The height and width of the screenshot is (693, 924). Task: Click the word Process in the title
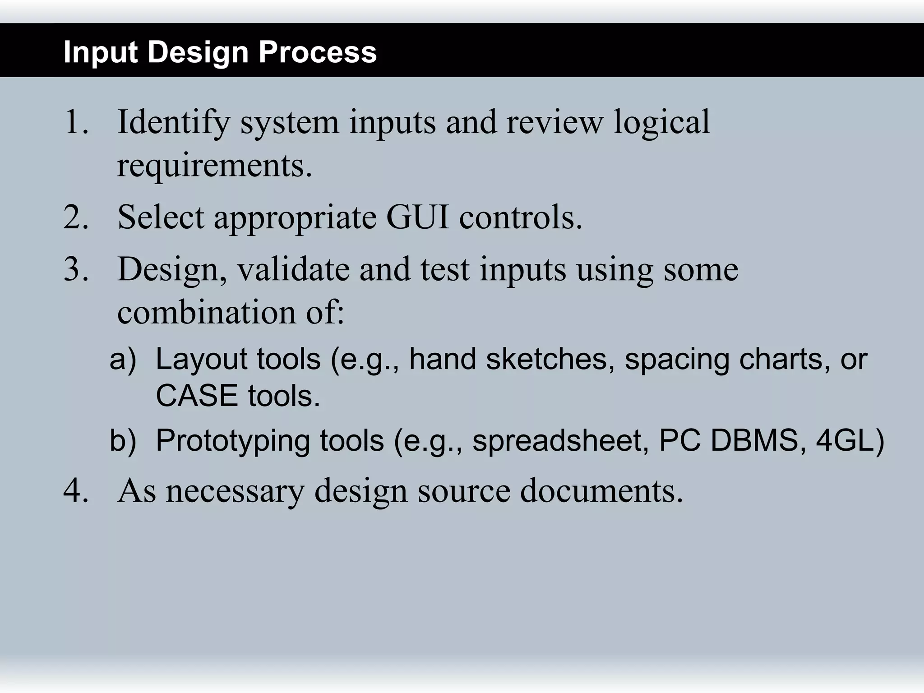pyautogui.click(x=317, y=52)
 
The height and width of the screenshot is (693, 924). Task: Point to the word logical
pyautogui.click(x=661, y=123)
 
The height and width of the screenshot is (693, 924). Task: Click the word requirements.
pyautogui.click(x=214, y=166)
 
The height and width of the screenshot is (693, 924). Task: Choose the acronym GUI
pyautogui.click(x=418, y=217)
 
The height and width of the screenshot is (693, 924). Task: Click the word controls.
pyautogui.click(x=521, y=217)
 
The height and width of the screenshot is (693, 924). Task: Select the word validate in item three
pyautogui.click(x=293, y=269)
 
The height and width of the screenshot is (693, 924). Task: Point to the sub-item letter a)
pyautogui.click(x=122, y=360)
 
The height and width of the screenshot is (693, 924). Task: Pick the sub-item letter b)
pyautogui.click(x=122, y=441)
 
